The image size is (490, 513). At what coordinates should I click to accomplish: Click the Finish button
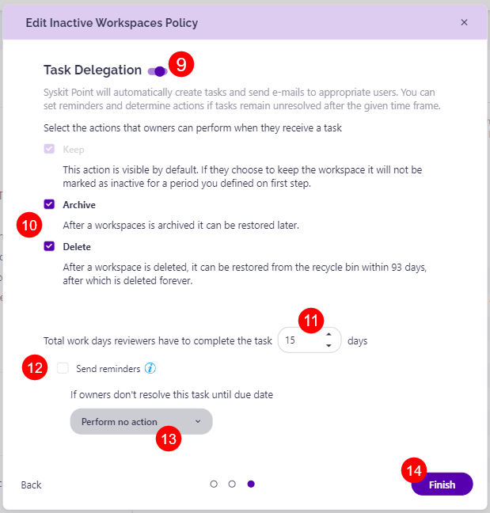point(442,484)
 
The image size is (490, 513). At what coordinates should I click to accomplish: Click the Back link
point(31,484)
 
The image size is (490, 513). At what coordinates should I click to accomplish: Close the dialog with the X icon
point(464,22)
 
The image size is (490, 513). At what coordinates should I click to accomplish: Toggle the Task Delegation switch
point(157,71)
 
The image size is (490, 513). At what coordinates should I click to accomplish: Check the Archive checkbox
point(49,204)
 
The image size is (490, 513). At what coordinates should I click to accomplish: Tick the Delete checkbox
point(49,246)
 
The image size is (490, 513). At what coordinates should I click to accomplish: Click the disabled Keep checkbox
point(49,149)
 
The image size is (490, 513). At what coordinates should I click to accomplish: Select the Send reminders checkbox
point(63,368)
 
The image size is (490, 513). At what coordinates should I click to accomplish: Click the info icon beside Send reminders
point(150,368)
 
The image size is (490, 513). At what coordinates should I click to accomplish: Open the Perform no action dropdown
point(141,422)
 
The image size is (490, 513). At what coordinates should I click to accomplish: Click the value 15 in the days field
point(290,340)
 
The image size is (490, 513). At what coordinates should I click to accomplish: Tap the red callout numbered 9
point(181,65)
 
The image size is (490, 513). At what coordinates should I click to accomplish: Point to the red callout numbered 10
point(30,225)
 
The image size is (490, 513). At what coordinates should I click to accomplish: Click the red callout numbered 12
point(34,368)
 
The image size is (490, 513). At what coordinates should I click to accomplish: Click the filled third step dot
point(251,484)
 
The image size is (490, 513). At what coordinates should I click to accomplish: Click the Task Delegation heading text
point(93,70)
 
